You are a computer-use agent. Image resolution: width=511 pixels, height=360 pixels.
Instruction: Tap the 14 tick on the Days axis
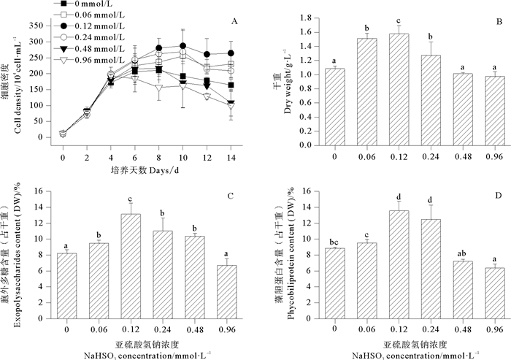click(x=231, y=157)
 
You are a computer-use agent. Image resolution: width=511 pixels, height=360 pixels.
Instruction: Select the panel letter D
click(x=499, y=196)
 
